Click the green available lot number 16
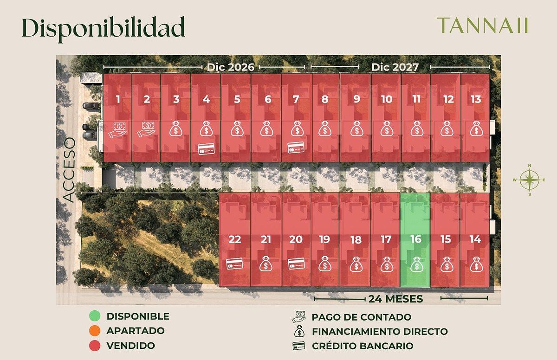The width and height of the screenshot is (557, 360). point(415,239)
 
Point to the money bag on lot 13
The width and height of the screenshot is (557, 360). point(476,129)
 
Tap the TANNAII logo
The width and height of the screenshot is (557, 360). point(483,26)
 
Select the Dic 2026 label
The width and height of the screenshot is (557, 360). point(231,67)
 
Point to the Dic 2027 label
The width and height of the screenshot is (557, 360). point(395,67)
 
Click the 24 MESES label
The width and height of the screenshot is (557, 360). point(396,299)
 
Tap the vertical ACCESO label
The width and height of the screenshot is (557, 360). point(69,170)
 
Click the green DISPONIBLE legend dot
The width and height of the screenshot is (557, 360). point(94,317)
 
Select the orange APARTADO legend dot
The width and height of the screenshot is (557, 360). point(94,331)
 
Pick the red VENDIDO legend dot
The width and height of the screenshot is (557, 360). point(94,346)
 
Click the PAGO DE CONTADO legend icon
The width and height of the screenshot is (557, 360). point(298,317)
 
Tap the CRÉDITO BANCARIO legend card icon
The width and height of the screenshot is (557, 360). point(298,346)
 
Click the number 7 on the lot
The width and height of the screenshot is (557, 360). point(295,99)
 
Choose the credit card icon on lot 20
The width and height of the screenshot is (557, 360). point(296,264)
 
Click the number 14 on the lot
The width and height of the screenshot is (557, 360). point(475,239)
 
